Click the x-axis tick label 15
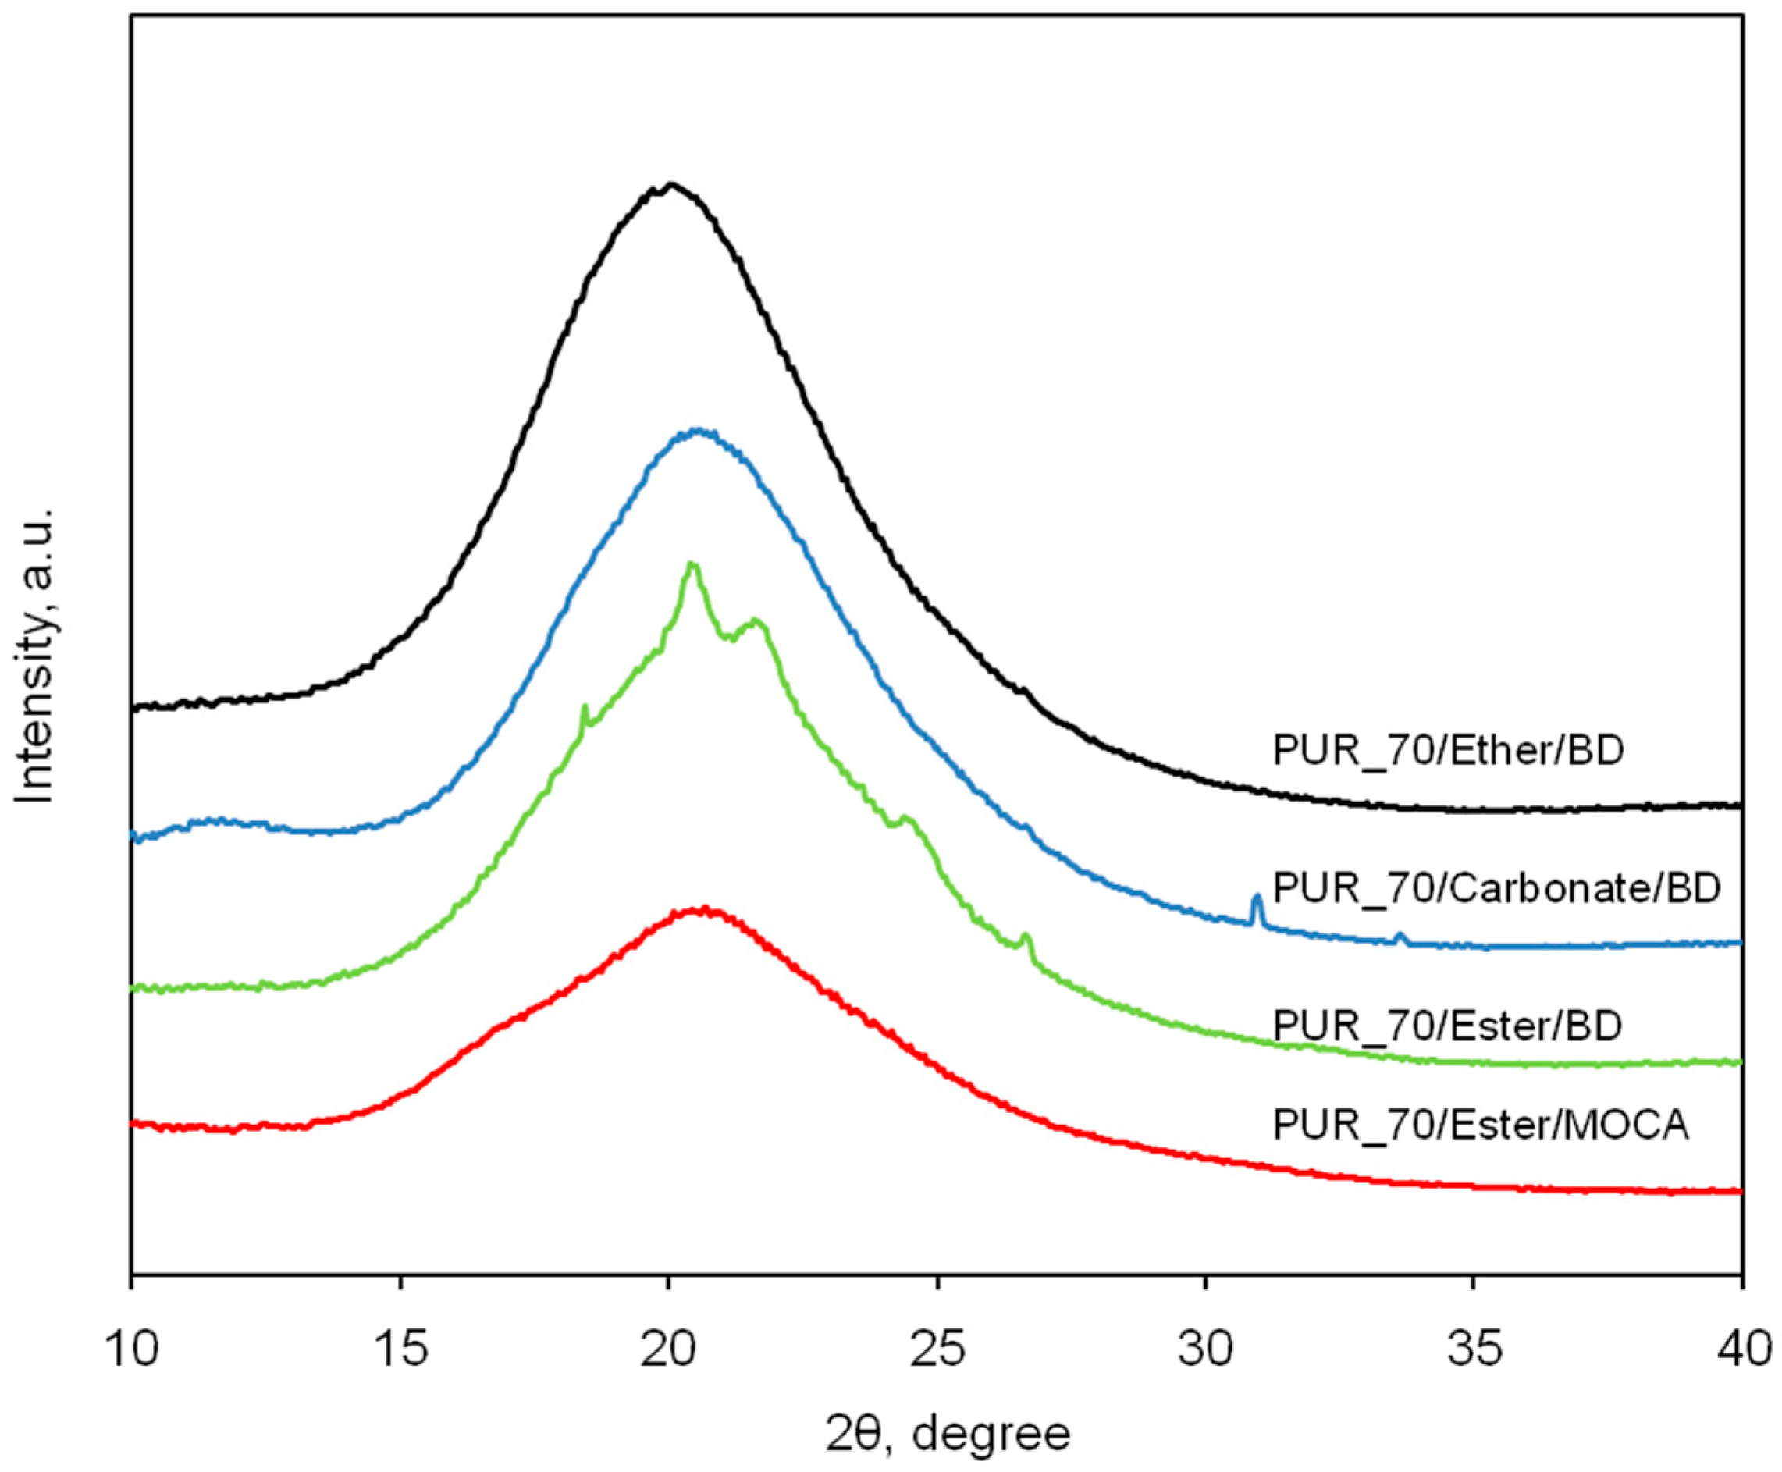(x=400, y=1347)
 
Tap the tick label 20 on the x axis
(x=669, y=1347)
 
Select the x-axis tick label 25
(x=937, y=1347)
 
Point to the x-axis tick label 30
(x=1205, y=1347)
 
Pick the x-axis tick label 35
(x=1474, y=1347)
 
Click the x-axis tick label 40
(x=1740, y=1347)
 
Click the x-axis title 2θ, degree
(x=947, y=1434)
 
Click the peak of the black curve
(x=671, y=184)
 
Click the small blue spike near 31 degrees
(x=1257, y=897)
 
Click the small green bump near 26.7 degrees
(x=1026, y=936)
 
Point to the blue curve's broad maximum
(x=698, y=431)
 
